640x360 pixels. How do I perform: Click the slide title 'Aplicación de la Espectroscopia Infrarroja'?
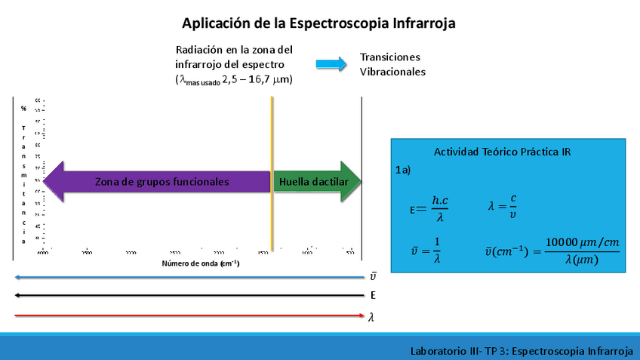318,23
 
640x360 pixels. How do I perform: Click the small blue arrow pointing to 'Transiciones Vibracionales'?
331,64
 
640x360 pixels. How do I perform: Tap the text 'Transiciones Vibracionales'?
392,64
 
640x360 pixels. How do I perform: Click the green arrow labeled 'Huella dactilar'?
317,182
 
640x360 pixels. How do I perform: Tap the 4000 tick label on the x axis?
42,253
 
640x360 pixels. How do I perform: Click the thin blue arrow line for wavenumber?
189,277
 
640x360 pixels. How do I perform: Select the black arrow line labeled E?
189,295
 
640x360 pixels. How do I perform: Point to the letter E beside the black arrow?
373,296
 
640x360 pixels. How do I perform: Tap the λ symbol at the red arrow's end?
371,318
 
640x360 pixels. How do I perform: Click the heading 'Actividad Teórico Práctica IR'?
502,152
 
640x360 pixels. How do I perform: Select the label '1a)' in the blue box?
403,171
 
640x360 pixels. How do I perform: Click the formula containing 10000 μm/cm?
551,250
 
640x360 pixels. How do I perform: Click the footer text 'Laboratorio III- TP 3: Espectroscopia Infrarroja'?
521,351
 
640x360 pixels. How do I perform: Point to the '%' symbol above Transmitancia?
23,109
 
